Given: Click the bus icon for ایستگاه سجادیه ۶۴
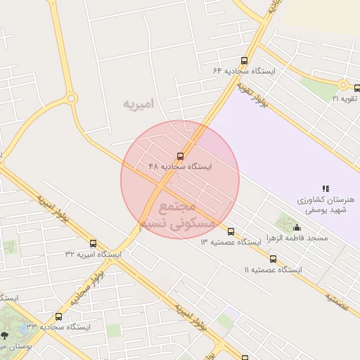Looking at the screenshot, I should click(244, 60).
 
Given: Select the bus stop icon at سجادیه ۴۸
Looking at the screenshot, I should click(180, 156).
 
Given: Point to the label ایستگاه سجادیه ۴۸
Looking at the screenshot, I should click(180, 167).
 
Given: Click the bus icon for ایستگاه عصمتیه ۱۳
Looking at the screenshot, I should click(231, 231).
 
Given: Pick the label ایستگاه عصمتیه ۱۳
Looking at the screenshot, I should click(231, 243).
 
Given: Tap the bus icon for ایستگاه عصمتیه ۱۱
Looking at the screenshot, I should click(273, 259).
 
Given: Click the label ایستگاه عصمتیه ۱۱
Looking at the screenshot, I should click(273, 270).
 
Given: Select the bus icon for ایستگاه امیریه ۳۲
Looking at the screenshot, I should click(93, 243).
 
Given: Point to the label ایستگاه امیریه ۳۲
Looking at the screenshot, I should click(93, 254).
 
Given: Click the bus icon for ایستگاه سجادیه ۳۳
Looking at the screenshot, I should click(58, 316).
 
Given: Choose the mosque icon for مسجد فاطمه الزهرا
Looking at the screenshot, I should click(297, 228).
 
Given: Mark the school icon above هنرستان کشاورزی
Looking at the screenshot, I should click(325, 188).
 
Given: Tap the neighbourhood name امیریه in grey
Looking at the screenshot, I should click(138, 104).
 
